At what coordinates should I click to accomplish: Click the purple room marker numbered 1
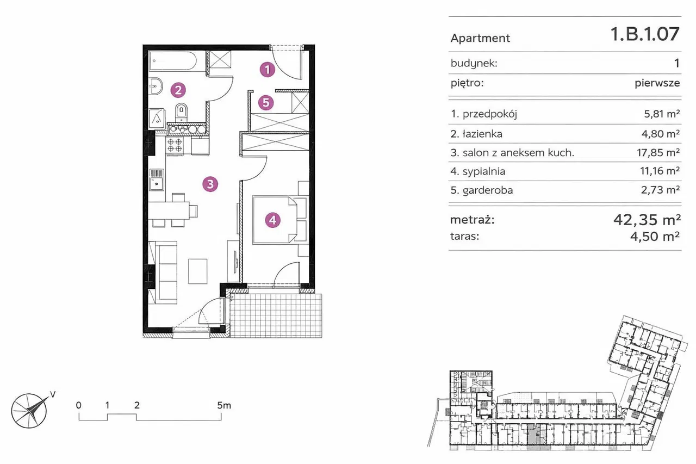coord(268,70)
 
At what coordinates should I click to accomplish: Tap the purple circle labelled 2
coord(178,90)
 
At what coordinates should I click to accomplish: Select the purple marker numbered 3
coord(210,184)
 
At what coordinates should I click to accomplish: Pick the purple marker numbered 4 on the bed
coord(273,220)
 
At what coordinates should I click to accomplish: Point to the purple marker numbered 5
coord(266,103)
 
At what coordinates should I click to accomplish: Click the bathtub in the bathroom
coord(173,61)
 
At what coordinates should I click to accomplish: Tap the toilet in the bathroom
coord(182,113)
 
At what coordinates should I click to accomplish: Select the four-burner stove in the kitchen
coord(175,145)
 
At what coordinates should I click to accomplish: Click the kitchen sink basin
coord(157,184)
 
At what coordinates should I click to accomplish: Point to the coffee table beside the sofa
coord(197,271)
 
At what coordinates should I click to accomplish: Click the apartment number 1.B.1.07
coord(645,34)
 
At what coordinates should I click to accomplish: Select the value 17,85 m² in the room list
coord(658,152)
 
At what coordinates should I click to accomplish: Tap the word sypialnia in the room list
coord(484,171)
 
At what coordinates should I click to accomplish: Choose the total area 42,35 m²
coord(647,220)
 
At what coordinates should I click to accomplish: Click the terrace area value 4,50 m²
coord(655,237)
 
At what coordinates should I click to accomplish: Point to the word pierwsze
coord(657,83)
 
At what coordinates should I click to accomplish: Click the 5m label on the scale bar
coord(224,405)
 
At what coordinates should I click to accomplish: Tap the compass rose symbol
coord(29,411)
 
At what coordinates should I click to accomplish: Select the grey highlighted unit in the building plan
coord(534,436)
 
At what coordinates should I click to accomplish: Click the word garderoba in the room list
coord(488,190)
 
